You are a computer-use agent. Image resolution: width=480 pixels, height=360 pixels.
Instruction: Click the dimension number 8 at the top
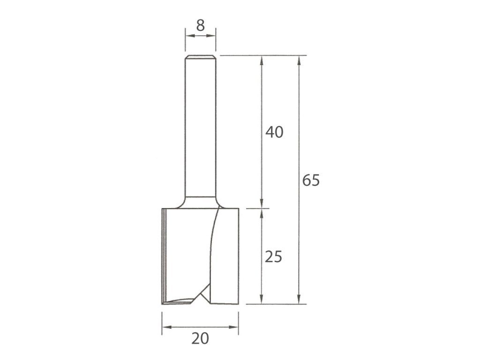201,26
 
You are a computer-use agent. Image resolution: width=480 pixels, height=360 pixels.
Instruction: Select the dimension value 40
274,132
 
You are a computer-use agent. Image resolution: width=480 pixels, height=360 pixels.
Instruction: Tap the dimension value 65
311,180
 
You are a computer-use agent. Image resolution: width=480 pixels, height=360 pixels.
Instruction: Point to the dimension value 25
273,257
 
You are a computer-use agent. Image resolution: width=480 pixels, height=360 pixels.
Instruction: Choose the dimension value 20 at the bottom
200,338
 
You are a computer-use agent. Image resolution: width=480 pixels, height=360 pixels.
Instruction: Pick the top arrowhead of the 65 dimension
299,60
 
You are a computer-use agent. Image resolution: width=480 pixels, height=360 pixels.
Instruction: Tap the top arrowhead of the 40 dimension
262,60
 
